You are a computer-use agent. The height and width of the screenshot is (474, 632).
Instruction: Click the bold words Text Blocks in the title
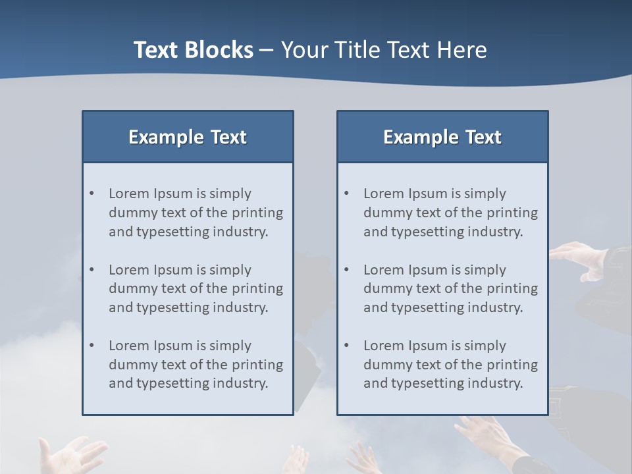193,50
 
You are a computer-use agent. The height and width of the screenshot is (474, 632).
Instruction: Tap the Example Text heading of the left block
188,137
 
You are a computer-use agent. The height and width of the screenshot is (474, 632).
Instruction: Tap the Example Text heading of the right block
442,137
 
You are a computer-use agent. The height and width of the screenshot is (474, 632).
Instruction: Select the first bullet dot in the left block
92,194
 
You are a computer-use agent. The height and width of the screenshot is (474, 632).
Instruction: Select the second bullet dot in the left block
92,270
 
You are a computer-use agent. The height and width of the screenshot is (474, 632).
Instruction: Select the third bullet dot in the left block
92,346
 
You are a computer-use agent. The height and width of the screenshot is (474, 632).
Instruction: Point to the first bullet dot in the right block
346,194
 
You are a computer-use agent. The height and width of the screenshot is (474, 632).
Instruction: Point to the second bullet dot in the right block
346,270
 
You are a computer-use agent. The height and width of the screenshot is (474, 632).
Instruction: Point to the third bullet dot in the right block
346,346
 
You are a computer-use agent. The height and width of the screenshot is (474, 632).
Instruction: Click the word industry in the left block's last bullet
241,384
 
